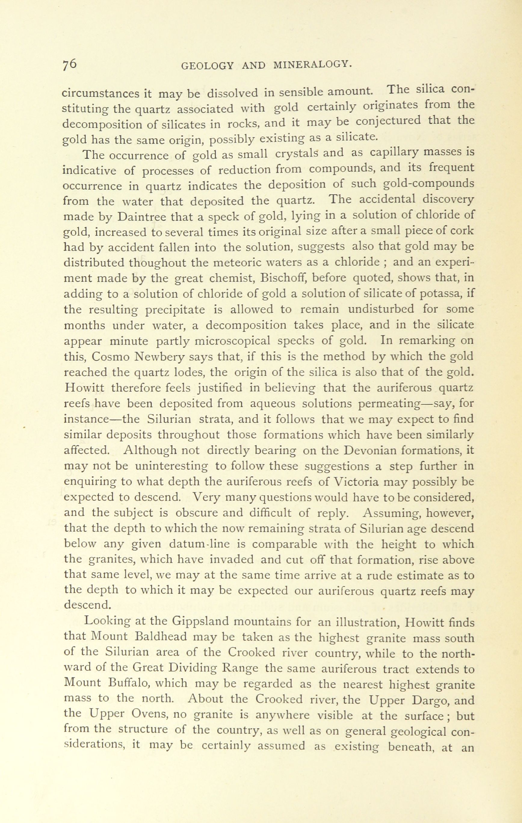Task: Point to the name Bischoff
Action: click(282, 278)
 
